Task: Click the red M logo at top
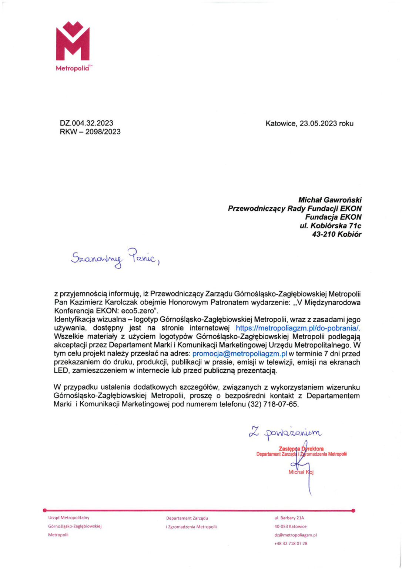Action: click(73, 41)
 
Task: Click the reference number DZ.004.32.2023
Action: click(86, 123)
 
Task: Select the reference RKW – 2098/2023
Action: click(90, 132)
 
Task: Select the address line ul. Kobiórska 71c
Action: click(330, 226)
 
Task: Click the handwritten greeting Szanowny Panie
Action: click(114, 257)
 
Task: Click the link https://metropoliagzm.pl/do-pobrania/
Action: click(298, 328)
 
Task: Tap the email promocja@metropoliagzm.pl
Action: click(240, 354)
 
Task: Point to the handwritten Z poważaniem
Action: click(285, 432)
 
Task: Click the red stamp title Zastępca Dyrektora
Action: click(301, 449)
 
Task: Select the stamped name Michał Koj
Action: click(301, 472)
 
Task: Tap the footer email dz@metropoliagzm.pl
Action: click(295, 535)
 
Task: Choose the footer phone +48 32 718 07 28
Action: click(291, 543)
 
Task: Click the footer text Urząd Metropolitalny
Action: click(68, 518)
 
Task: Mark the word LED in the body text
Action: click(61, 371)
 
